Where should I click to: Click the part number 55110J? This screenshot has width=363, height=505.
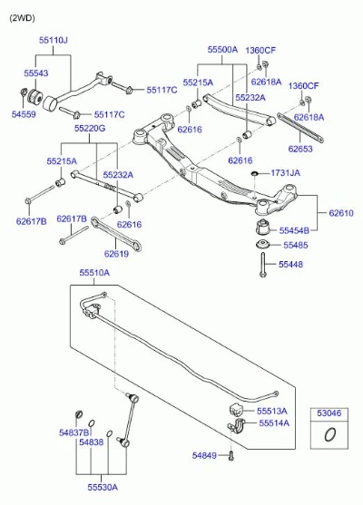pos(54,40)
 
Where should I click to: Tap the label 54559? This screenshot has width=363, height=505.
pos(24,114)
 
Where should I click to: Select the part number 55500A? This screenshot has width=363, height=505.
pos(222,50)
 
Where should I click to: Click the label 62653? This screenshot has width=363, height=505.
pos(300,149)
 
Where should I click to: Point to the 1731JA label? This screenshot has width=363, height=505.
pos(285,173)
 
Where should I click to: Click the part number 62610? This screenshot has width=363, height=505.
pos(341,213)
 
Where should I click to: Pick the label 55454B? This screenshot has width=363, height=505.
pos(294,230)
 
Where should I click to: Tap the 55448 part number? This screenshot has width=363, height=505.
pos(290,265)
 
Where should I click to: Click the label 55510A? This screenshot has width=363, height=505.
pos(94,273)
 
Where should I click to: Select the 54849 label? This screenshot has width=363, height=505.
pos(204,455)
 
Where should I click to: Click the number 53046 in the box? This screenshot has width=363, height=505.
pos(329,413)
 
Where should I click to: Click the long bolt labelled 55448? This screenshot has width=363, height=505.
pos(263,265)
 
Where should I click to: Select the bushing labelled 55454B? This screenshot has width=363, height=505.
pos(264,228)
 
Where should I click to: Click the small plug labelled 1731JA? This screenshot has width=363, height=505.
pos(255,174)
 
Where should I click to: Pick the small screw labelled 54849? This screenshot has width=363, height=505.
pos(231,456)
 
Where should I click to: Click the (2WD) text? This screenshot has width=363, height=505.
pos(22,18)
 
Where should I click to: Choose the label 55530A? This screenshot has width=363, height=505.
pos(103,487)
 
